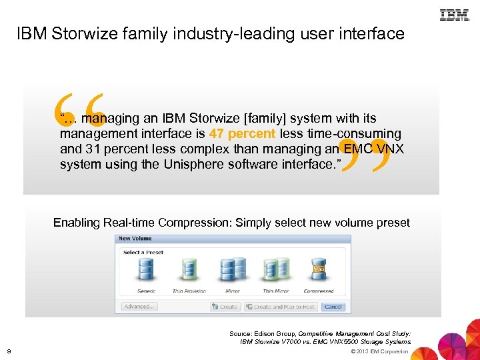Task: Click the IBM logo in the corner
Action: (455, 15)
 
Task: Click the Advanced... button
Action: (139, 307)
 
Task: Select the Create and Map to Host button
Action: (280, 307)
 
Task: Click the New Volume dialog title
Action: (135, 238)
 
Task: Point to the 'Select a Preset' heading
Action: (143, 252)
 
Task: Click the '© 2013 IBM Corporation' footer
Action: (379, 351)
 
